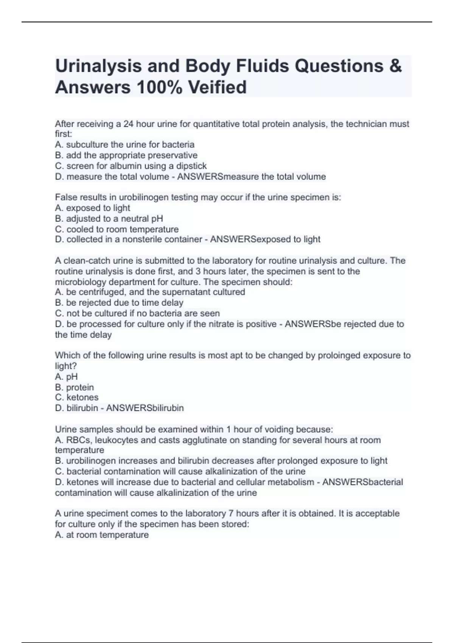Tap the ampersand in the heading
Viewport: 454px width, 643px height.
point(395,66)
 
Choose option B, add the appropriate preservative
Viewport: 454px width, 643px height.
point(126,155)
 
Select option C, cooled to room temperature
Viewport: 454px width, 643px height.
point(117,229)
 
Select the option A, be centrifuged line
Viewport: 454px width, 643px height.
point(150,292)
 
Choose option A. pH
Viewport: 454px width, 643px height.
point(67,377)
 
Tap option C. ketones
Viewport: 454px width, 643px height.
point(77,398)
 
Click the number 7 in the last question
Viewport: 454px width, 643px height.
point(231,514)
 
